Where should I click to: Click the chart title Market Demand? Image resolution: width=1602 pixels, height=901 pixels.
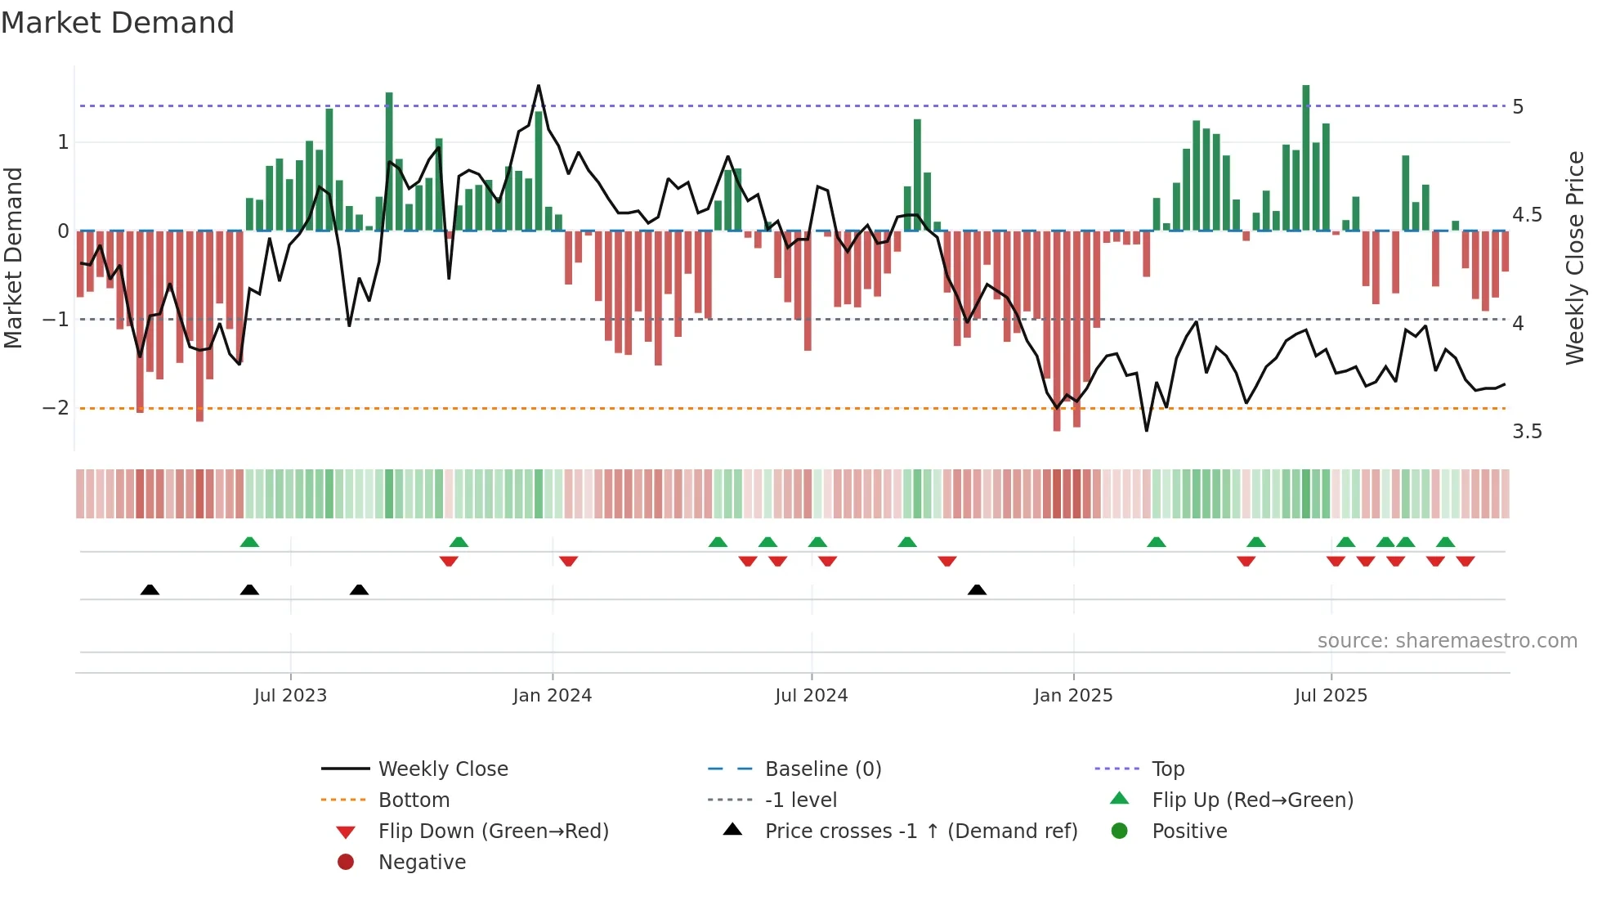[x=118, y=23]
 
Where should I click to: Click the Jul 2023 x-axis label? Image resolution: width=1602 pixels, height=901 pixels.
[x=290, y=696]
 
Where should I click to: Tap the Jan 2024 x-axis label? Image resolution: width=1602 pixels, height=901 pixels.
[x=552, y=696]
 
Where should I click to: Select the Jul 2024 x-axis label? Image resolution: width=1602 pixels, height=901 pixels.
[x=811, y=696]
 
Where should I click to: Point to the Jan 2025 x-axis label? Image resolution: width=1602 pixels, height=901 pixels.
[x=1072, y=696]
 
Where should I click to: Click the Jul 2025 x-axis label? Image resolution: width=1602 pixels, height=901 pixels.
[x=1331, y=696]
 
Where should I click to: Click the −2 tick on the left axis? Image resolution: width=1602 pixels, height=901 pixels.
[x=56, y=408]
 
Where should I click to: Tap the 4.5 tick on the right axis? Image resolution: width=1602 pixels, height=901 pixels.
[x=1527, y=215]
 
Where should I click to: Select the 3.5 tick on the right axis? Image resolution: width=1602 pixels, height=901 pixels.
[x=1527, y=432]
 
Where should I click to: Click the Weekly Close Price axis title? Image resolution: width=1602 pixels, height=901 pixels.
[x=1575, y=258]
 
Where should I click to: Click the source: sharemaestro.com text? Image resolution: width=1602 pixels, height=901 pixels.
[x=1447, y=641]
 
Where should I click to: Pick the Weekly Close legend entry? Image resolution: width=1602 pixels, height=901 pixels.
[x=442, y=769]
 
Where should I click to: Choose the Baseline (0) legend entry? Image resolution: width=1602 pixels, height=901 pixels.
[x=822, y=769]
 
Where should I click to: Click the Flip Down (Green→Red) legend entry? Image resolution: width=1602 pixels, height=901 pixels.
[x=493, y=832]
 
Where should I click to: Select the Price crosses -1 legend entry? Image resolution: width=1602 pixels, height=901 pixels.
[x=920, y=832]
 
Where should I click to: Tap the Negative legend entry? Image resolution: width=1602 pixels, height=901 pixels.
[x=422, y=863]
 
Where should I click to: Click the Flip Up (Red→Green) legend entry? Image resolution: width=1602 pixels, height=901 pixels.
[x=1252, y=800]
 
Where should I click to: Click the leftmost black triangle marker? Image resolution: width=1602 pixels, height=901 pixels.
[x=150, y=589]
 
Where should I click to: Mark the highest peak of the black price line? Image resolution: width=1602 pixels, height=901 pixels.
[x=539, y=86]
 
